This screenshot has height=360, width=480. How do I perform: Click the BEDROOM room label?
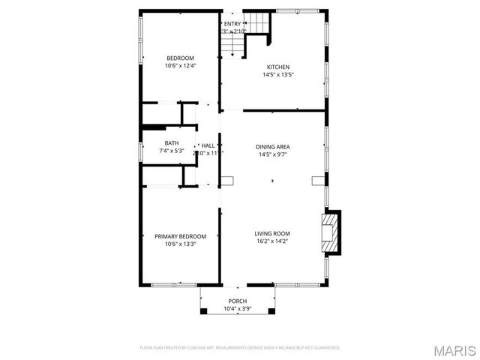(x=180, y=58)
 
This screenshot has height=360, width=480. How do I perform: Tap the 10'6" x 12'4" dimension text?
(x=180, y=66)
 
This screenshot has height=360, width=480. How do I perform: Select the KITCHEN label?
(x=277, y=67)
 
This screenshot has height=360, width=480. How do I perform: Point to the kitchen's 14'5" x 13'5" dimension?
(x=277, y=74)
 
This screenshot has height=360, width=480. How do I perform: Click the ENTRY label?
(x=232, y=24)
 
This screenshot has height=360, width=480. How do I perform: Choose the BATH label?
(x=172, y=143)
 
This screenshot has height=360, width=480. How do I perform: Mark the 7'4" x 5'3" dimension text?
(x=172, y=151)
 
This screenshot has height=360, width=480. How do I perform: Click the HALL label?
(x=208, y=145)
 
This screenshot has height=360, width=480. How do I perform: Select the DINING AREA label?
(x=273, y=147)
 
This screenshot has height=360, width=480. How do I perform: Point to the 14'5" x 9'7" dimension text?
(x=273, y=154)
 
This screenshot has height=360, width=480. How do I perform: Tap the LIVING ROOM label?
(x=272, y=233)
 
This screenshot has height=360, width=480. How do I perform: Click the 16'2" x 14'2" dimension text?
(x=272, y=241)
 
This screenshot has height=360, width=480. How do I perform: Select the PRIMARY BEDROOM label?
(x=180, y=236)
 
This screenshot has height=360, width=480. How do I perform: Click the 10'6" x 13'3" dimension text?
(x=180, y=244)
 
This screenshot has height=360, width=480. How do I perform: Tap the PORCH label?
(x=237, y=301)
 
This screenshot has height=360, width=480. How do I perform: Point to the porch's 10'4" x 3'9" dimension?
(x=237, y=308)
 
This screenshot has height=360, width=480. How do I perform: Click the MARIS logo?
(x=457, y=351)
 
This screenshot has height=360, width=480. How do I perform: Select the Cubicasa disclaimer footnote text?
(x=240, y=348)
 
